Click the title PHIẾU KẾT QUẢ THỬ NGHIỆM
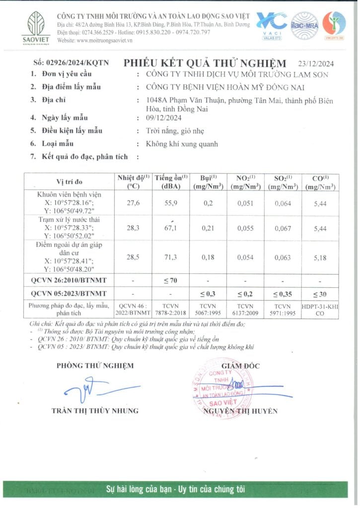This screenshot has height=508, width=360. click(205, 63)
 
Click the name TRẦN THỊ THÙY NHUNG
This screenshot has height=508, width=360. click(95, 411)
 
